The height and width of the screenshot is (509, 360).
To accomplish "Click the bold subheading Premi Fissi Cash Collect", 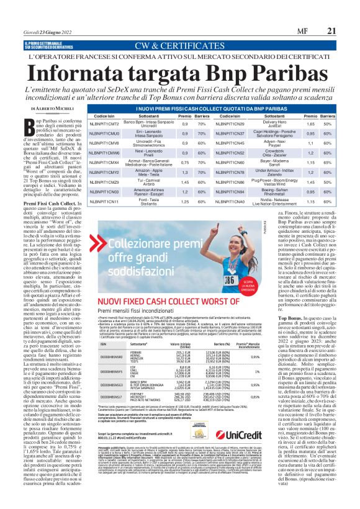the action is click(54, 204).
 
